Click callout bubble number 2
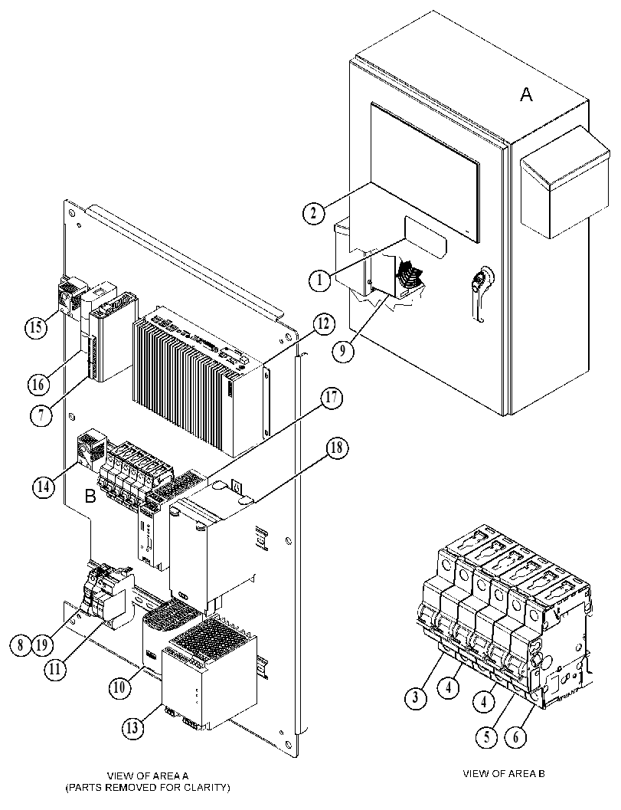point(314,212)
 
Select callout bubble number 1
point(320,280)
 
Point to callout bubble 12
point(323,324)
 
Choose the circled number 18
point(336,448)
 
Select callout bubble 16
point(39,384)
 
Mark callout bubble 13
point(133,727)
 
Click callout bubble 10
point(119,687)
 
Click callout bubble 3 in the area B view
point(416,697)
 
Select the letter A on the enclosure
point(526,94)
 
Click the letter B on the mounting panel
point(90,497)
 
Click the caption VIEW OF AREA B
point(504,774)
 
